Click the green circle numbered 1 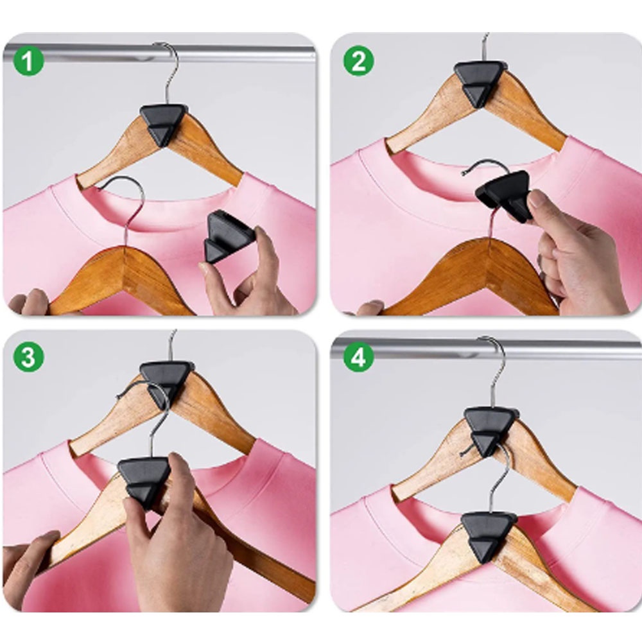28,61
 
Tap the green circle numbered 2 358,61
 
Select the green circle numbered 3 28,357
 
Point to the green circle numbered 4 358,357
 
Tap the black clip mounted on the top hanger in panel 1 164,124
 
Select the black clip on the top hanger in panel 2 480,82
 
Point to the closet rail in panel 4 487,349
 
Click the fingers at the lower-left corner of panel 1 29,302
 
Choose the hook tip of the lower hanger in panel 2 463,173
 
